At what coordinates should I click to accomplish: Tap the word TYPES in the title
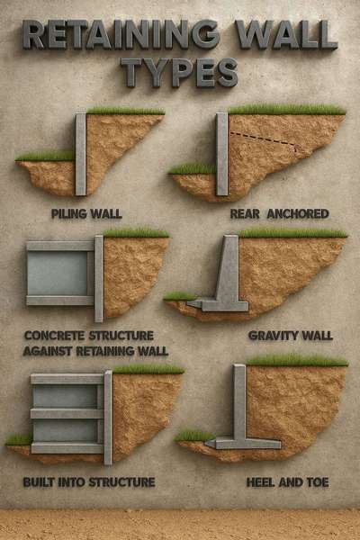[x=180, y=72]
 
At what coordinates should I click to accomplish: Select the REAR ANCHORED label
[x=279, y=213]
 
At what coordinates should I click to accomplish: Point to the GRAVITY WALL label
[x=290, y=336]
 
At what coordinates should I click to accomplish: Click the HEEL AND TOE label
[x=287, y=482]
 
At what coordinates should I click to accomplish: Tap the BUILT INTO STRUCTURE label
[x=89, y=482]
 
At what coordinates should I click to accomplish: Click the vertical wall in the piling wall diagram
[x=81, y=153]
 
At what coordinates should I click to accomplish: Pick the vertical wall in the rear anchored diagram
[x=222, y=153]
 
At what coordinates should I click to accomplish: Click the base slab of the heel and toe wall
[x=243, y=443]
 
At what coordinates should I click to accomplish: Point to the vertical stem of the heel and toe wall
[x=239, y=400]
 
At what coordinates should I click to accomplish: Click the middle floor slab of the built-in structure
[x=67, y=413]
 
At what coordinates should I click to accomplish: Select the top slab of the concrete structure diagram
[x=60, y=245]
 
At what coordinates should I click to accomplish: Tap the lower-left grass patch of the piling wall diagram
[x=45, y=156]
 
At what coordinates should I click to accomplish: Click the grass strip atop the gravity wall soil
[x=292, y=233]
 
